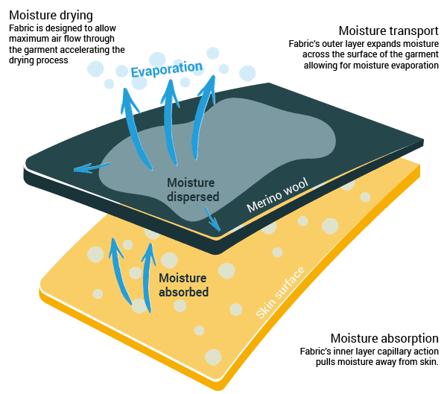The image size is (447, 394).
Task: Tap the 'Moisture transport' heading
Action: click(388, 31)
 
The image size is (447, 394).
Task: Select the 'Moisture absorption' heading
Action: click(384, 338)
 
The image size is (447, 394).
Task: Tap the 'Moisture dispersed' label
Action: click(191, 190)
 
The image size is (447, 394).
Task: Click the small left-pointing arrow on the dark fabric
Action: click(84, 168)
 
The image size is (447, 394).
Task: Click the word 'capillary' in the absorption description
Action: click(387, 352)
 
